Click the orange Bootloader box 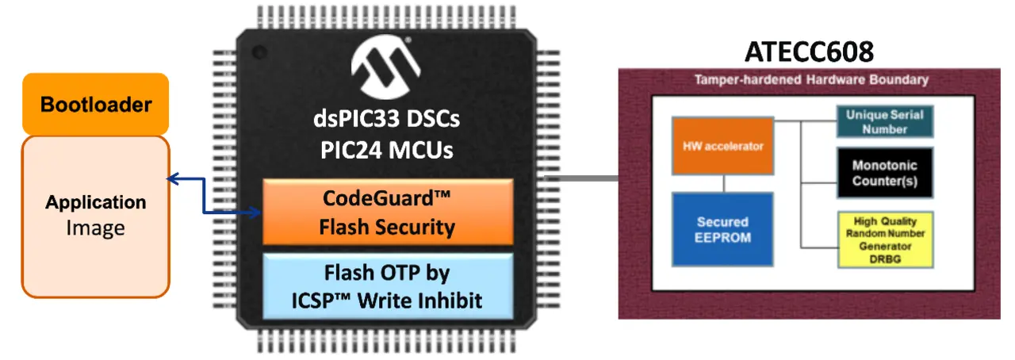click(96, 104)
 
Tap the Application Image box click(96, 216)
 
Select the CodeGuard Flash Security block click(388, 213)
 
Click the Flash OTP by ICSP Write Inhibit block click(388, 286)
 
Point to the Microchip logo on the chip click(386, 67)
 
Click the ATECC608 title click(810, 52)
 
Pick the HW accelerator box click(722, 146)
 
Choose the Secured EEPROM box click(722, 229)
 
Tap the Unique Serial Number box click(885, 121)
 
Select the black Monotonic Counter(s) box click(885, 173)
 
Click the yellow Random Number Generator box click(886, 239)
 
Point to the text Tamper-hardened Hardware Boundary click(811, 80)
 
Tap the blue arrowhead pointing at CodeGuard click(255, 213)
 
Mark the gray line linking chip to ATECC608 click(581, 178)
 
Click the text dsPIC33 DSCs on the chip click(386, 119)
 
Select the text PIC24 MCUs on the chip click(386, 150)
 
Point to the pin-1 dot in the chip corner click(259, 52)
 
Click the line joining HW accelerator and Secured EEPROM click(724, 184)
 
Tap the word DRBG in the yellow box click(885, 259)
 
